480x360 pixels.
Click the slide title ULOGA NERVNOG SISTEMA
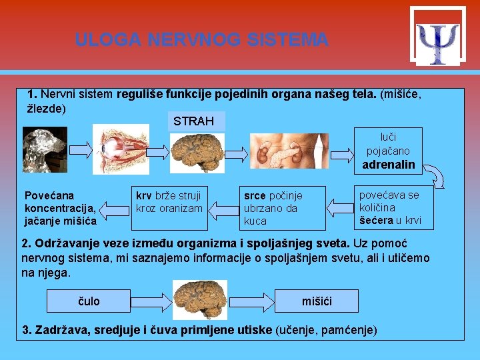(201, 40)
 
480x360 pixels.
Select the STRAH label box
(193, 121)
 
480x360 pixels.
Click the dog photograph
(44, 145)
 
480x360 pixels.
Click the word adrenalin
(388, 164)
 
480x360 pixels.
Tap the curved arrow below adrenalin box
(437, 178)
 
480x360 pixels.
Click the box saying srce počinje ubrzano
(283, 208)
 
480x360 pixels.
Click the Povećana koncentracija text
(60, 208)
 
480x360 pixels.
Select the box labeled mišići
(317, 301)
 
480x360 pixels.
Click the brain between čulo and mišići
(199, 299)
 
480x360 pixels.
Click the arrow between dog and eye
(79, 148)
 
